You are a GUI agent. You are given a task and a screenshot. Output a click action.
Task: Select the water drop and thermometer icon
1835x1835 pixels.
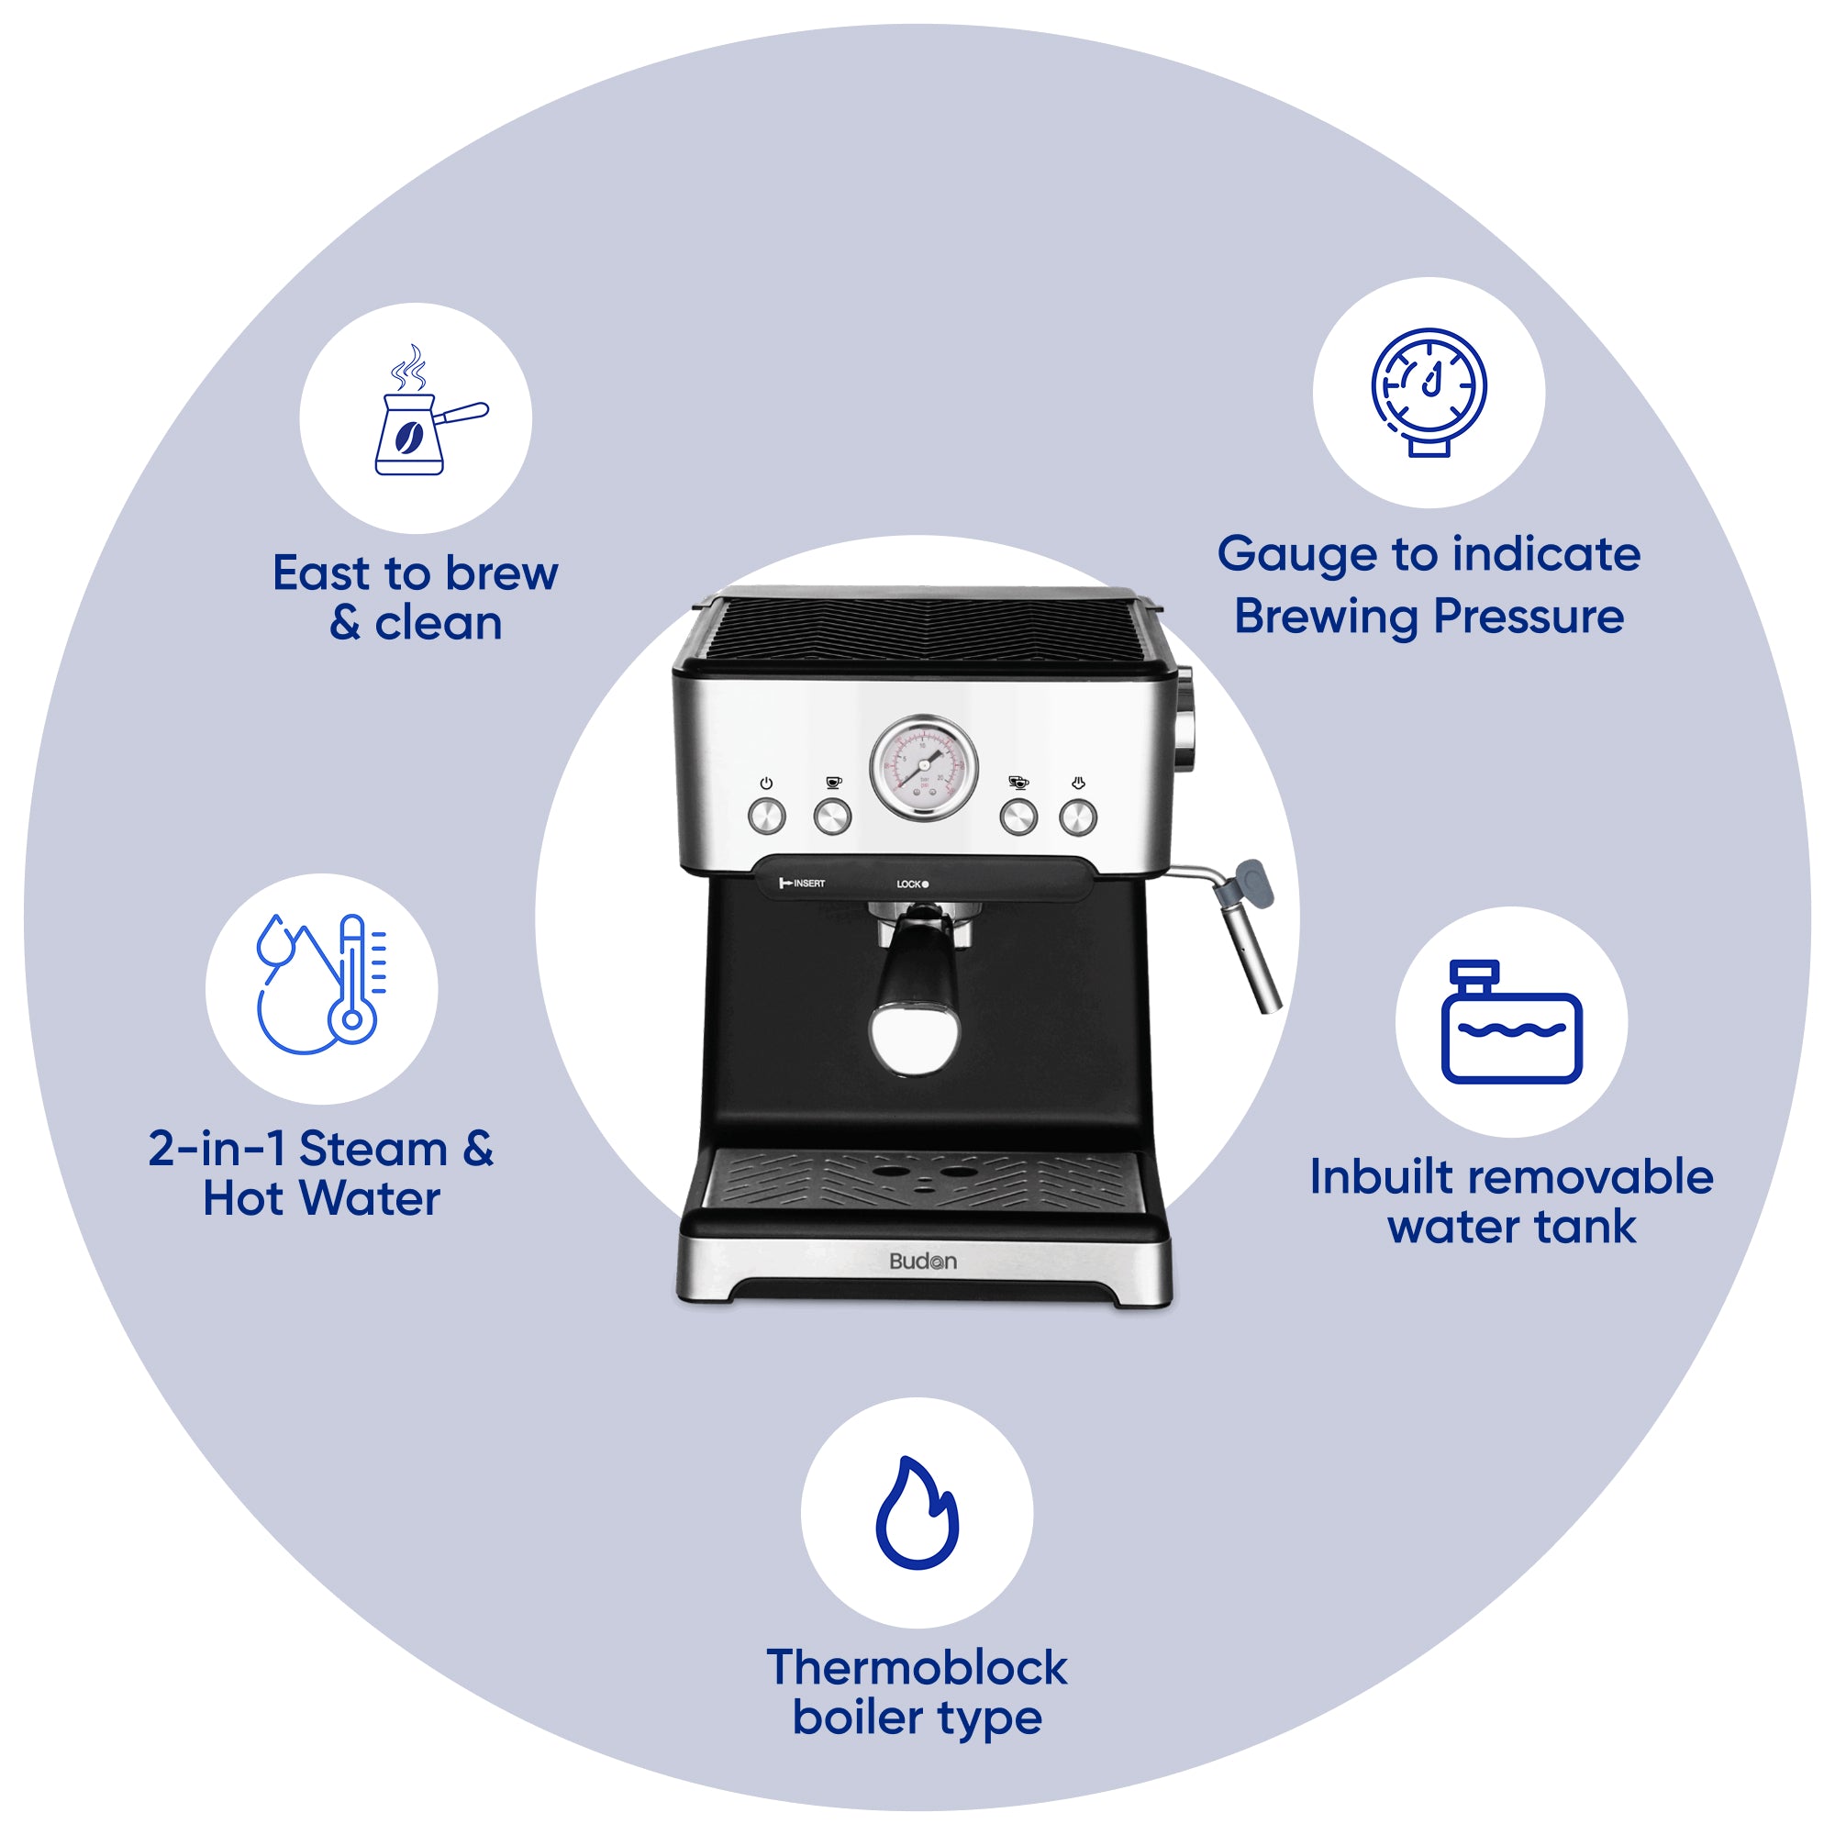coord(321,984)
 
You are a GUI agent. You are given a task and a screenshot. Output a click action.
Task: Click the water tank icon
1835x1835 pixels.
coord(1511,1021)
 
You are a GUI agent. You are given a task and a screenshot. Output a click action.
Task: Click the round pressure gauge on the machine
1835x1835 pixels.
coord(923,767)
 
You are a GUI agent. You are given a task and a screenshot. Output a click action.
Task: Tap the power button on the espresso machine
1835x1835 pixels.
coord(766,816)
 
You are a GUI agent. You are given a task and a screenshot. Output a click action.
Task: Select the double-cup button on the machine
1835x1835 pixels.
coord(1018,816)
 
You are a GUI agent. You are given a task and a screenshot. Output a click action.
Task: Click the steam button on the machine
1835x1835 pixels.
coord(1078,816)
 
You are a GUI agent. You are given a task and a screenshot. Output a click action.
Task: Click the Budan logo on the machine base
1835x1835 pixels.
coord(922,1262)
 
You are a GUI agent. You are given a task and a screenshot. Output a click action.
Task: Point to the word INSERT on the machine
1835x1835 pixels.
coord(809,884)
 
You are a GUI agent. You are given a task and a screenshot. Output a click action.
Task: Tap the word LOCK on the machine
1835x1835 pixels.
coord(908,884)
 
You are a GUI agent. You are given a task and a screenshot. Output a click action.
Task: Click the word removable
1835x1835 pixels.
coord(1594,1177)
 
